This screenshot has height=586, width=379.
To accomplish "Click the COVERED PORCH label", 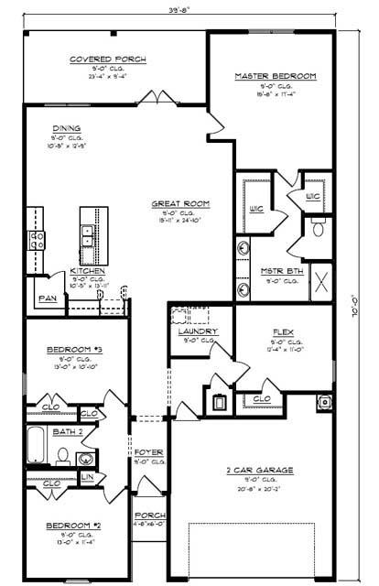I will [x=108, y=60].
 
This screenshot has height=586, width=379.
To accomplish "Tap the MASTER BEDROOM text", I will [x=275, y=76].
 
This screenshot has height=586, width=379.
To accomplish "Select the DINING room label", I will [x=67, y=128].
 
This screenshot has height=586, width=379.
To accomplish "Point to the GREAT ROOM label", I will [x=180, y=202].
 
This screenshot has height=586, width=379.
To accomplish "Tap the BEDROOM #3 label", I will [x=67, y=349].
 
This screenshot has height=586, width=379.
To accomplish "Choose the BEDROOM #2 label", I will [x=67, y=526].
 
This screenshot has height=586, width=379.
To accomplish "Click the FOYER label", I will [x=148, y=452].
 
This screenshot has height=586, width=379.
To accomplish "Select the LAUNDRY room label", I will [x=198, y=331].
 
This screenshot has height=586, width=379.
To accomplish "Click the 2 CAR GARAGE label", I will [x=260, y=471].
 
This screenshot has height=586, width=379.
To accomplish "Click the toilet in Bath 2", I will [x=62, y=454].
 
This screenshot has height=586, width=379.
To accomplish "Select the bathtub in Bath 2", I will [x=35, y=446].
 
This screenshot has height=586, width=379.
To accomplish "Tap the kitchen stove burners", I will [x=38, y=240].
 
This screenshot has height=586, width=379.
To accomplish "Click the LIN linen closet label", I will [x=87, y=477].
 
